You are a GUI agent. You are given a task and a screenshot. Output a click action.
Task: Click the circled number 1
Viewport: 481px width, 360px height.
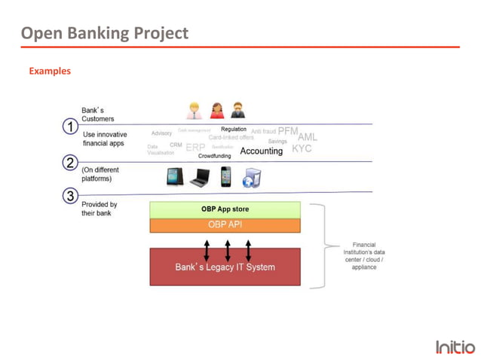tap(69, 127)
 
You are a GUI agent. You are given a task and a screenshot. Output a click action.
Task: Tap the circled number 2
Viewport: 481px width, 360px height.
tap(69, 163)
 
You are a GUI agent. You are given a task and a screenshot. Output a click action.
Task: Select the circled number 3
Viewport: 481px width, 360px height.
tap(69, 196)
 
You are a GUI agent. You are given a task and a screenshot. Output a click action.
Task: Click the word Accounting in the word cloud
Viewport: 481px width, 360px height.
tap(261, 151)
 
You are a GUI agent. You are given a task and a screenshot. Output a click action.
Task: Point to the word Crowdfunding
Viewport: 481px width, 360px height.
tap(215, 156)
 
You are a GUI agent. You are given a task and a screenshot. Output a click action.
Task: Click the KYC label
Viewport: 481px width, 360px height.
tap(302, 148)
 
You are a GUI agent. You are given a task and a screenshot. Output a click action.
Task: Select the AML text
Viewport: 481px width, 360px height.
tap(308, 137)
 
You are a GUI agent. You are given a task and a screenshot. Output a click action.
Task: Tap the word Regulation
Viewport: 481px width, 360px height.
tap(234, 130)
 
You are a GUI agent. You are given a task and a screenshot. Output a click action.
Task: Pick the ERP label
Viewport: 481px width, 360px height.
tap(195, 148)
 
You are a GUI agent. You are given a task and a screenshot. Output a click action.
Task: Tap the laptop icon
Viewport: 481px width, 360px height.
tap(200, 178)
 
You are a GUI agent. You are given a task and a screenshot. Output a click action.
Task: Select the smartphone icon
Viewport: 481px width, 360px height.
tap(225, 176)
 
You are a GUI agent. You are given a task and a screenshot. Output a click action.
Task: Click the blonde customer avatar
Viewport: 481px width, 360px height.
tap(194, 111)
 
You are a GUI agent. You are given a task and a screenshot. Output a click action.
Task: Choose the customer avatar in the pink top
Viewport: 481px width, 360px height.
tap(217, 111)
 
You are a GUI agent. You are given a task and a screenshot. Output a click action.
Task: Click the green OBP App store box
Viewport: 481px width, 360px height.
tap(225, 209)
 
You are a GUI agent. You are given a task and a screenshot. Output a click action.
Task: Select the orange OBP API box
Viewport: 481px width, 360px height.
tap(225, 224)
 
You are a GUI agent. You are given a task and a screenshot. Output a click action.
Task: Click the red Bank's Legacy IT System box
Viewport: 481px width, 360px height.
tap(225, 267)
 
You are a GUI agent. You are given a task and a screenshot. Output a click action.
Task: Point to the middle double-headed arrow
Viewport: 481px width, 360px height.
tap(228, 250)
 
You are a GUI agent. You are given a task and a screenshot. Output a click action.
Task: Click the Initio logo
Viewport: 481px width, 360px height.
tap(455, 346)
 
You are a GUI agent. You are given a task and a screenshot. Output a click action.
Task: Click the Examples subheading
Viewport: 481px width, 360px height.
tap(50, 71)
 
